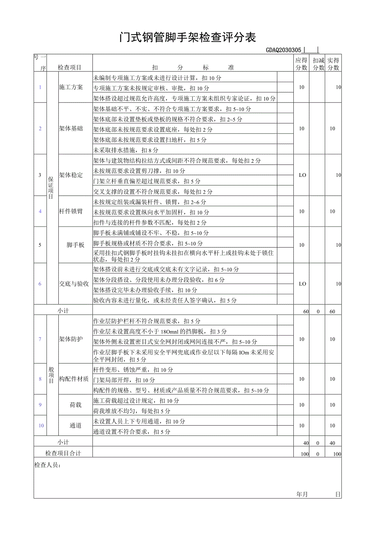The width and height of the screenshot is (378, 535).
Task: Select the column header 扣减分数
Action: point(318,64)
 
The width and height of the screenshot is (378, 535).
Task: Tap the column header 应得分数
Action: point(301,64)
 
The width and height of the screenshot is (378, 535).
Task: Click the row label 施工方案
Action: point(71,87)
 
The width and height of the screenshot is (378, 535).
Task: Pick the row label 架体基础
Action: point(71,128)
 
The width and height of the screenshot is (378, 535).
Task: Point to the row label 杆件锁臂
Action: point(71,211)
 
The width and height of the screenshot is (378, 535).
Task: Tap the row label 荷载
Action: point(76,405)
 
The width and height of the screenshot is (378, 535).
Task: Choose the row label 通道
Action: point(76,426)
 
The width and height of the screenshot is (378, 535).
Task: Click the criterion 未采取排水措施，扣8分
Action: point(126,150)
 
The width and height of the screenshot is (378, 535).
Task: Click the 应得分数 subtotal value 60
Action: point(306,312)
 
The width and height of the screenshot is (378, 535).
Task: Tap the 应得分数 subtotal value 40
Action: point(306,443)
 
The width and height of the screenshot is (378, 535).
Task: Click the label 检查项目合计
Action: point(63,453)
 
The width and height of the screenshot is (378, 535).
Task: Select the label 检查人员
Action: point(48,465)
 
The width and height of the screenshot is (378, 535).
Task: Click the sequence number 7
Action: point(40,339)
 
